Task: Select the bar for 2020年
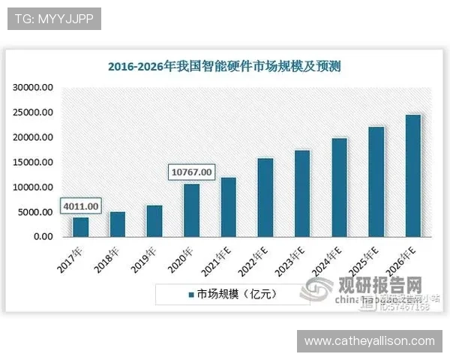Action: (191, 210)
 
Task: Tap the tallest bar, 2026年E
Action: (412, 175)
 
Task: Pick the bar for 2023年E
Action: (302, 193)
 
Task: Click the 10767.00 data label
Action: (191, 172)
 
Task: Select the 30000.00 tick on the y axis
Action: (33, 88)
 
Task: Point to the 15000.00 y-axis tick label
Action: (33, 163)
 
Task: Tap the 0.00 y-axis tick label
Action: (40, 237)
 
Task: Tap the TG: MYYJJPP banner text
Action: (54, 19)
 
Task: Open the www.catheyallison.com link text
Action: (369, 341)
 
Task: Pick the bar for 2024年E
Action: (339, 187)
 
